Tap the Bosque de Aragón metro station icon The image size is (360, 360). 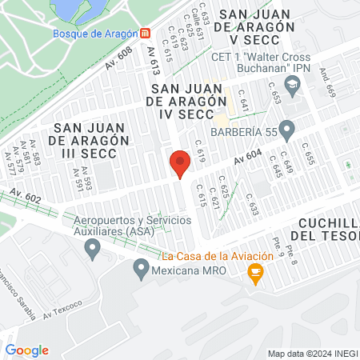click(144, 34)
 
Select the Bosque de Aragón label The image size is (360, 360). click(94, 34)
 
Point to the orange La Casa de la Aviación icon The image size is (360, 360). click(256, 275)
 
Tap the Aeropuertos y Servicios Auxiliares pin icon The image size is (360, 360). click(94, 250)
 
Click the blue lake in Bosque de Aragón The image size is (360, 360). click(78, 10)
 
